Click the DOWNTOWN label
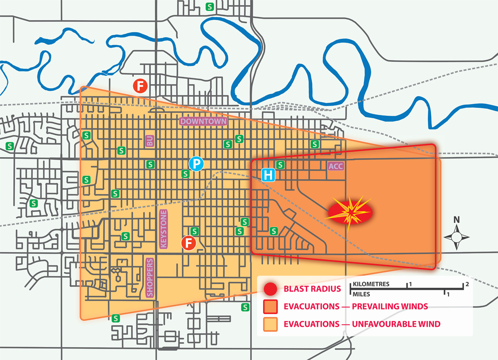pyautogui.click(x=203, y=121)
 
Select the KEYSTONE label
pyautogui.click(x=164, y=229)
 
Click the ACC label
pyautogui.click(x=336, y=166)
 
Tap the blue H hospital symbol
pyautogui.click(x=268, y=175)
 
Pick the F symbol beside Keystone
pyautogui.click(x=189, y=243)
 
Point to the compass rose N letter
pyautogui.click(x=456, y=219)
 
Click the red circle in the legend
pyautogui.click(x=270, y=289)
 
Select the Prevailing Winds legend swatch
pyautogui.click(x=270, y=306)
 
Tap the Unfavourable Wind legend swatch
pyautogui.click(x=270, y=324)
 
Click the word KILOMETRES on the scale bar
pyautogui.click(x=371, y=285)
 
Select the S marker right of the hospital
pyautogui.click(x=280, y=165)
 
